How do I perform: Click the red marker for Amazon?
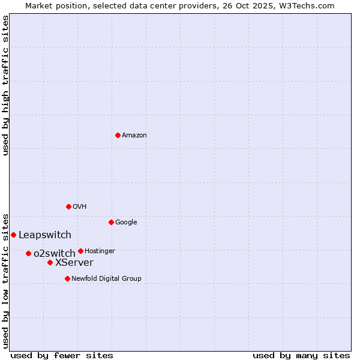(118, 135)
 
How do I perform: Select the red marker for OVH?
(68, 206)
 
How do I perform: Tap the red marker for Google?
(111, 222)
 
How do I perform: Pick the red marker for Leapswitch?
(13, 235)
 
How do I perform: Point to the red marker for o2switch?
(28, 253)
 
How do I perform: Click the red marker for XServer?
(50, 262)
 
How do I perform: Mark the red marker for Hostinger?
(80, 251)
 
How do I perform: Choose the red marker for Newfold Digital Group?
(67, 278)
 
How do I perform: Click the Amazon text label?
(134, 136)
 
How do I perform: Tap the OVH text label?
(80, 207)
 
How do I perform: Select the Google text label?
(126, 223)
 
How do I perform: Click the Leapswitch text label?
(45, 235)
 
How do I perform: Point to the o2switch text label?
(55, 254)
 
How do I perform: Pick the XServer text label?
(74, 263)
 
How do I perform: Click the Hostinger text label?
(100, 251)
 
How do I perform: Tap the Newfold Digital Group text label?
(106, 279)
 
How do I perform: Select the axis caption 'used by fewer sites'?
(62, 355)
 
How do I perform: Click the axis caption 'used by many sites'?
(301, 355)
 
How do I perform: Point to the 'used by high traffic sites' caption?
(5, 85)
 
